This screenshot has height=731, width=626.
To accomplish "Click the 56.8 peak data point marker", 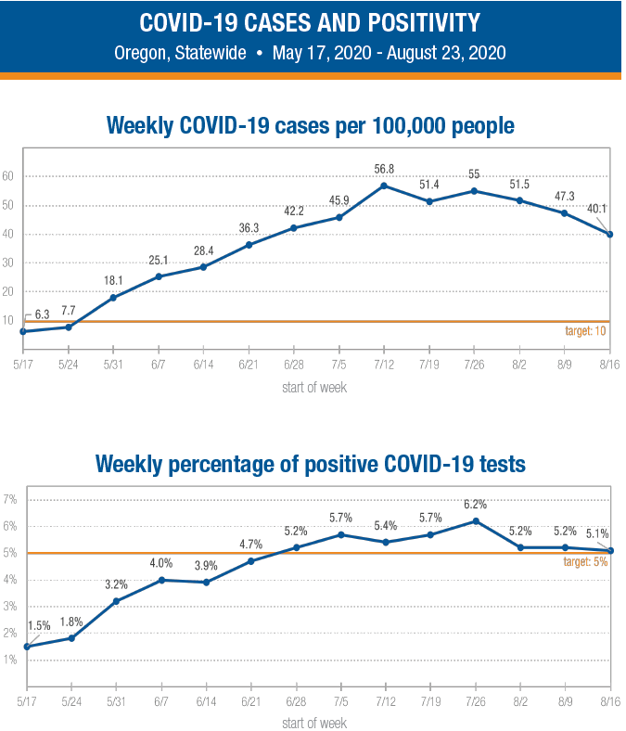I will coord(384,186).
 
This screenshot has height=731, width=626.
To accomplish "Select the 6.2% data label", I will coord(474,505).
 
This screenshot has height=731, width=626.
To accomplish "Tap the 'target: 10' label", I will coord(586,330).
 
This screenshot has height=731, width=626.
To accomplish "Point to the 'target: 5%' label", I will coord(586,562).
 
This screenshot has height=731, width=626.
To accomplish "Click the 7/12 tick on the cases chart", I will coord(384,364).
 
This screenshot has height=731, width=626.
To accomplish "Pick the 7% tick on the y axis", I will coord(11,500).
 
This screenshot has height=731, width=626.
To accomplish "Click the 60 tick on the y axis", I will coord(8,176).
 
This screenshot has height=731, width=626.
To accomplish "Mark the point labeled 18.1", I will coord(113,298).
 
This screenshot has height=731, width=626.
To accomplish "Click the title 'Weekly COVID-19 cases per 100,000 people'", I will coord(311,123).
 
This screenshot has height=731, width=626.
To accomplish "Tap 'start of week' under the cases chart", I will coord(313,387).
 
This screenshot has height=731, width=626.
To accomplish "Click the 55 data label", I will coord(473,173).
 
